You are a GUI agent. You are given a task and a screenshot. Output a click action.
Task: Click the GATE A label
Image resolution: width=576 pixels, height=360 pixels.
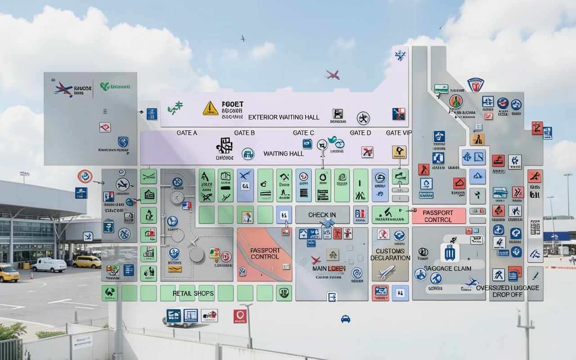(x=187, y=133)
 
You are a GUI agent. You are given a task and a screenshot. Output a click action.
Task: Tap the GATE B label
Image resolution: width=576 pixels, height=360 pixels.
(x=244, y=133)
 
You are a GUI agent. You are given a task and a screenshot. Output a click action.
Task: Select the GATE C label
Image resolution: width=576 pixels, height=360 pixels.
(x=303, y=133)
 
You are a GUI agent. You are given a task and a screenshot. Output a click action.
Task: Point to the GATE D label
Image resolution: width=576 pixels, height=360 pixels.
(x=360, y=133)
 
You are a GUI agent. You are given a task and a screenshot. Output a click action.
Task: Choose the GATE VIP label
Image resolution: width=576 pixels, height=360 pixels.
(x=399, y=133)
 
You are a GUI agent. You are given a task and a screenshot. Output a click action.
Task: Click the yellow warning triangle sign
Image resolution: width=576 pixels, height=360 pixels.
(x=210, y=108)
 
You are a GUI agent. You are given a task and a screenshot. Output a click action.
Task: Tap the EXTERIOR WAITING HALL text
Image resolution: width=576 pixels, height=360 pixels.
(x=283, y=117)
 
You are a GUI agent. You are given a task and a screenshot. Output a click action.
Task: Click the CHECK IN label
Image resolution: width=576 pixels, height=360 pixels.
(x=322, y=215)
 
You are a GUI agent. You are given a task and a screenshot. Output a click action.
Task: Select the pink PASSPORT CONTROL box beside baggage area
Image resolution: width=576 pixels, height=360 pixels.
(x=438, y=216)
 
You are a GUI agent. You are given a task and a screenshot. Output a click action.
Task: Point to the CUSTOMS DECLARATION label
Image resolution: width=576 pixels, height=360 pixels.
(x=390, y=254)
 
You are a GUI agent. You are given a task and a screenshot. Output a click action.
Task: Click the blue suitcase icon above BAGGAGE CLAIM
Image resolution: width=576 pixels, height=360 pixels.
(x=450, y=252)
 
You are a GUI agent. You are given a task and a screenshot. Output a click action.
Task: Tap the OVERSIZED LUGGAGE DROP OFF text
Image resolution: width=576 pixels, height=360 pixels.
(x=507, y=291)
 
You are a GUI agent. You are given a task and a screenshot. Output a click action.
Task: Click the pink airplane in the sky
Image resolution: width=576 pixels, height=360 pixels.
(x=332, y=75)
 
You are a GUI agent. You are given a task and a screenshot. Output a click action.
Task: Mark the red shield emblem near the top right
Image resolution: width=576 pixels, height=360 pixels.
(x=475, y=85)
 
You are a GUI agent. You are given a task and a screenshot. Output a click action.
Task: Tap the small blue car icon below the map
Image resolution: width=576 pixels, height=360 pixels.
(x=345, y=319)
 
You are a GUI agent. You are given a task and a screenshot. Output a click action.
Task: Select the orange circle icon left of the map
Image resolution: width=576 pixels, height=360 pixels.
(x=85, y=176)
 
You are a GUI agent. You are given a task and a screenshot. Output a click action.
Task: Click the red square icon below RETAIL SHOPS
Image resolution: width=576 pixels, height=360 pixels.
(x=240, y=316)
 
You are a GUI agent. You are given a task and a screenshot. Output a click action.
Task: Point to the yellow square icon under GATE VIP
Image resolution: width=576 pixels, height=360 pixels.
(x=399, y=152)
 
